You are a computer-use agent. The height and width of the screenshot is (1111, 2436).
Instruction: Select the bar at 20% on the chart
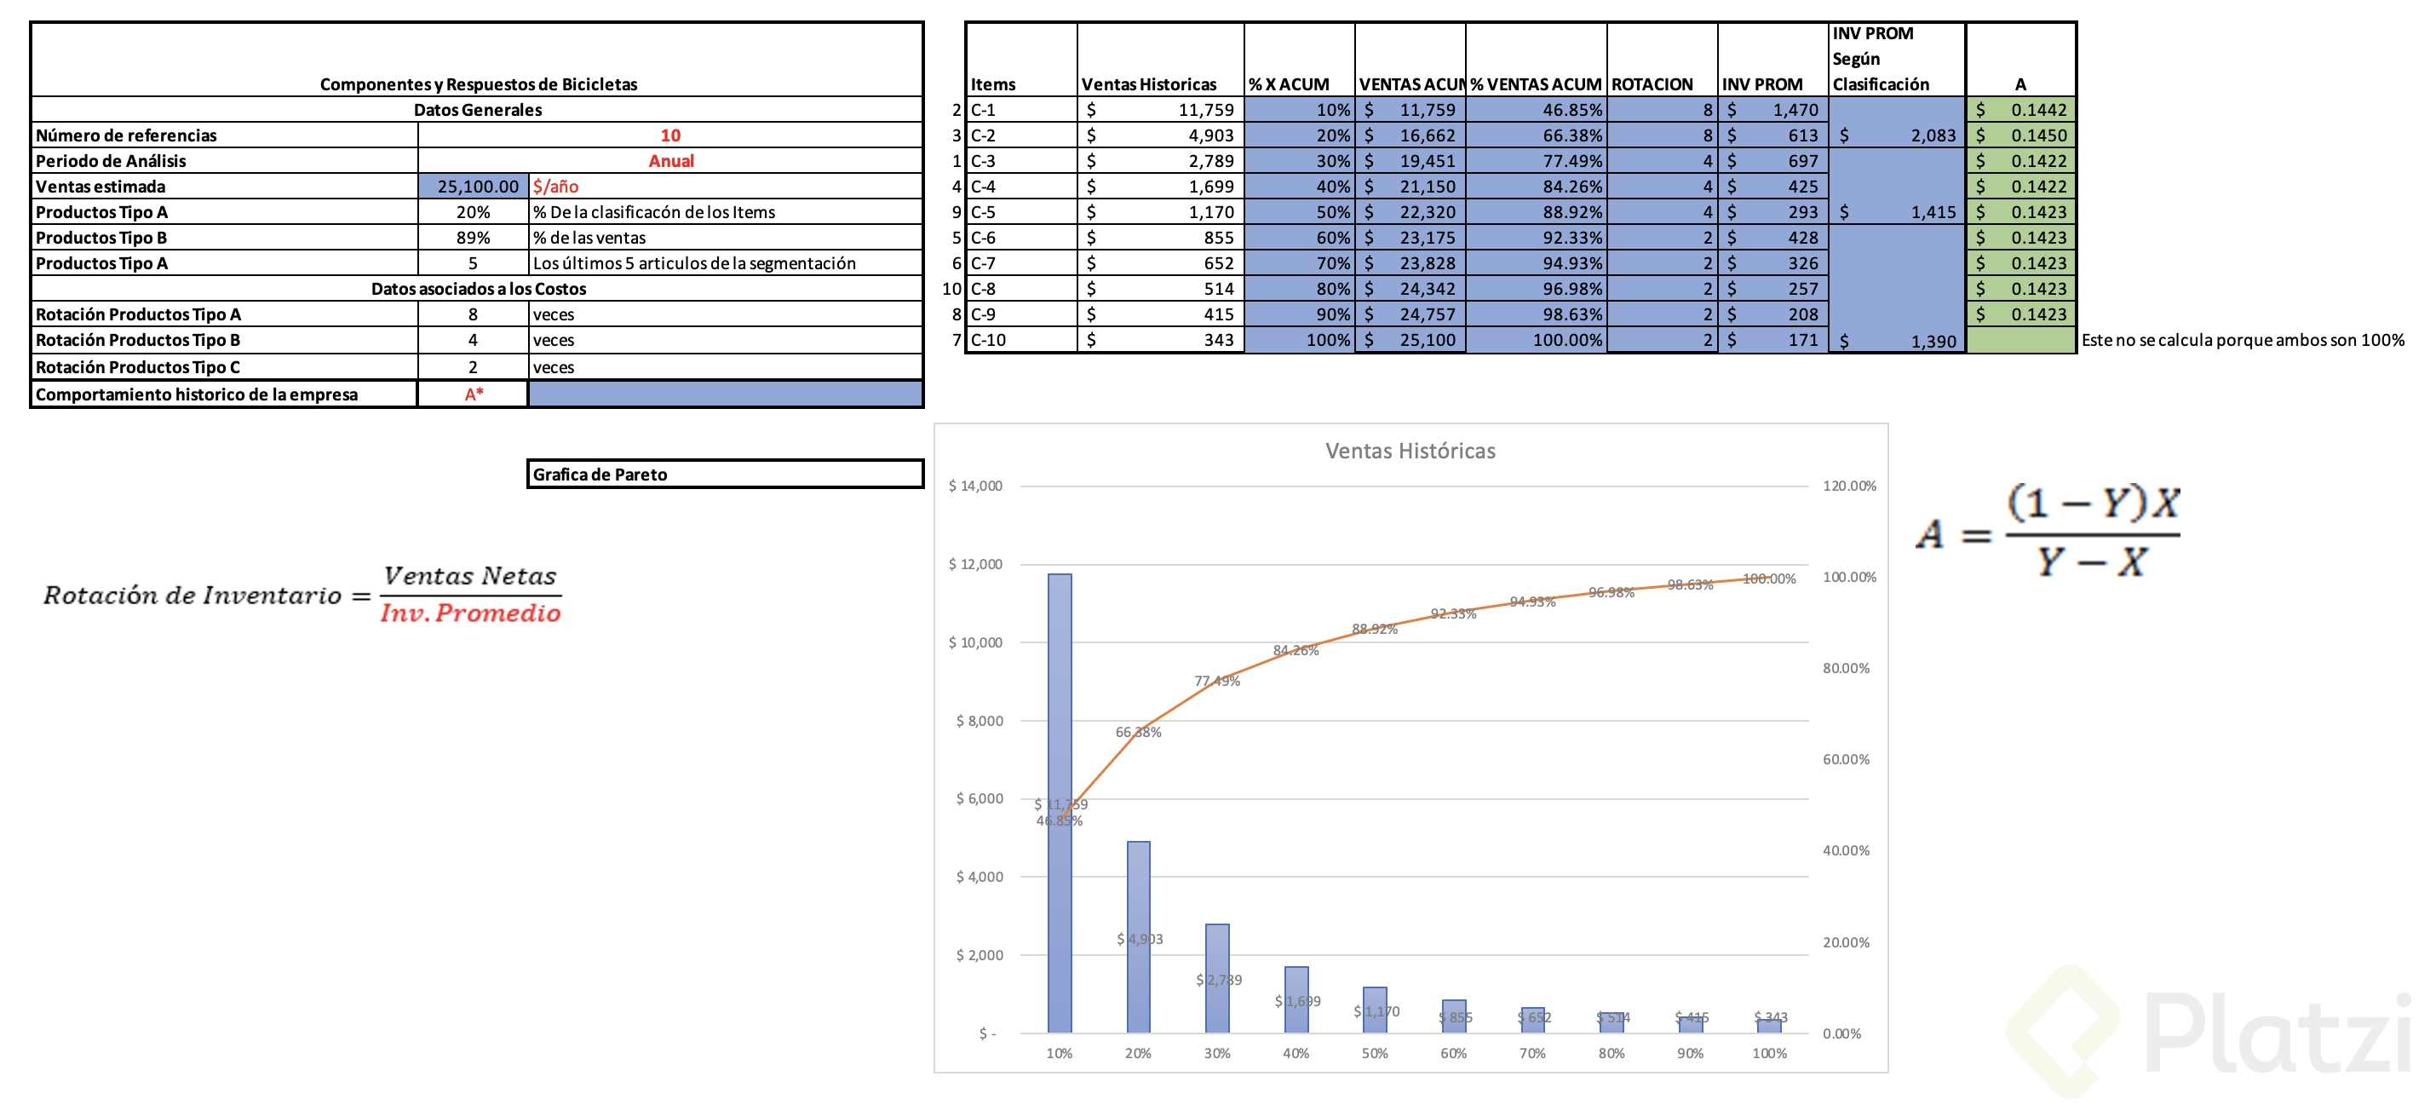pyautogui.click(x=1138, y=936)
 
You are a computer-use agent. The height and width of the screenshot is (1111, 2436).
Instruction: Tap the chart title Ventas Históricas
pyautogui.click(x=1410, y=451)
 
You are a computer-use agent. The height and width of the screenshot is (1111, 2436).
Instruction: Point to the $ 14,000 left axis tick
pyautogui.click(x=975, y=486)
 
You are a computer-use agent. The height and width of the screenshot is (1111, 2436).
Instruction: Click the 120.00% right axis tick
pyautogui.click(x=1849, y=486)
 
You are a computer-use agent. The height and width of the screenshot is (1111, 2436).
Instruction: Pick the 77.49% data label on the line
pyautogui.click(x=1216, y=681)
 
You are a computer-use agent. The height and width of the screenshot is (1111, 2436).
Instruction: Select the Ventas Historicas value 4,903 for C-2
pyautogui.click(x=1210, y=135)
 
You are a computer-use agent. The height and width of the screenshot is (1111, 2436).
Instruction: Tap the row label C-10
pyautogui.click(x=988, y=339)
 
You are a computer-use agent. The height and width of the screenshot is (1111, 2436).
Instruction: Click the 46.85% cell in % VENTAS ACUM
pyautogui.click(x=1571, y=110)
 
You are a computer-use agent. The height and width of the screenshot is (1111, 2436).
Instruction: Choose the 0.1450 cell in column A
pyautogui.click(x=2038, y=135)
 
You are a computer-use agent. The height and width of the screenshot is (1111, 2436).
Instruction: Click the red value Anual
pyautogui.click(x=670, y=161)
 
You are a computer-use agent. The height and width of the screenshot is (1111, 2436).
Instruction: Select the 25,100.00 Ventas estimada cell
pyautogui.click(x=477, y=187)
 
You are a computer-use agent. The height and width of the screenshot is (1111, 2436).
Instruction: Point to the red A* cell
pyautogui.click(x=473, y=394)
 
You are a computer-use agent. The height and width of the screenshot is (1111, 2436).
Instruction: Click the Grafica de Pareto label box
pyautogui.click(x=724, y=474)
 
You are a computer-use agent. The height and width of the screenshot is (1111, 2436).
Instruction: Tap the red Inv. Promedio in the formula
pyautogui.click(x=470, y=613)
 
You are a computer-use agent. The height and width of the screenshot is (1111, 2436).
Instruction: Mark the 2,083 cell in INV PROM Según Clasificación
pyautogui.click(x=1932, y=135)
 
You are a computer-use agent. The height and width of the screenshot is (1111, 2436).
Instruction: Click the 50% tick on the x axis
pyautogui.click(x=1374, y=1053)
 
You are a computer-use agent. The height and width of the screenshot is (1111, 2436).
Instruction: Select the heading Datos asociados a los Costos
pyautogui.click(x=478, y=288)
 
